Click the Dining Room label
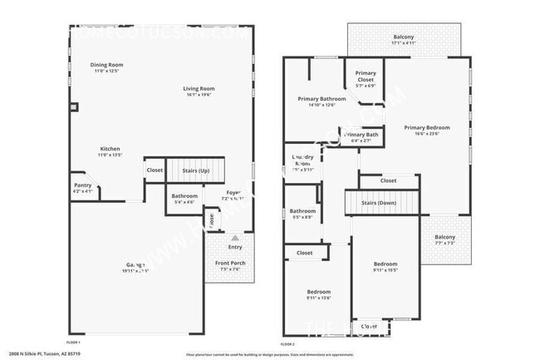point(106,65)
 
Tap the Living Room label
point(199,89)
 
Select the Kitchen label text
point(110,149)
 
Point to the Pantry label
point(82,185)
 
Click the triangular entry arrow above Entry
point(235,237)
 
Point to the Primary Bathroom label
point(322,99)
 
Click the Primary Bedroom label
point(427,127)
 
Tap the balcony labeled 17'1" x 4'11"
point(404,37)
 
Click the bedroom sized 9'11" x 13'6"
point(319,292)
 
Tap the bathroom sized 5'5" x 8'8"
point(302,212)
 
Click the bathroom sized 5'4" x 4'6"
point(184,196)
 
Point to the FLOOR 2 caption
point(287,343)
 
